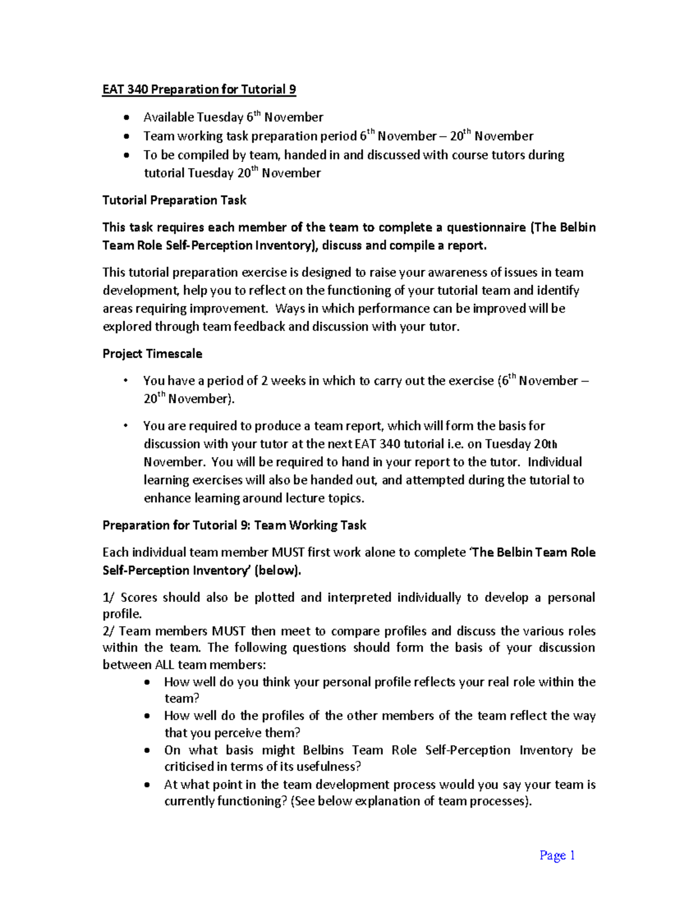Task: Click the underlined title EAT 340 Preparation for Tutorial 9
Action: tap(199, 90)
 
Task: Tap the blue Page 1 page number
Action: tap(557, 855)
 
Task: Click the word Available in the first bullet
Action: tap(168, 117)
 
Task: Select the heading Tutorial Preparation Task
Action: tap(174, 200)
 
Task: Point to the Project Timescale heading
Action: tap(152, 354)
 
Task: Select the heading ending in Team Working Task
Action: tap(234, 525)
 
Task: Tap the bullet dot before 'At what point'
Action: tap(148, 785)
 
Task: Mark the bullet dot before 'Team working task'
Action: tap(127, 137)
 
